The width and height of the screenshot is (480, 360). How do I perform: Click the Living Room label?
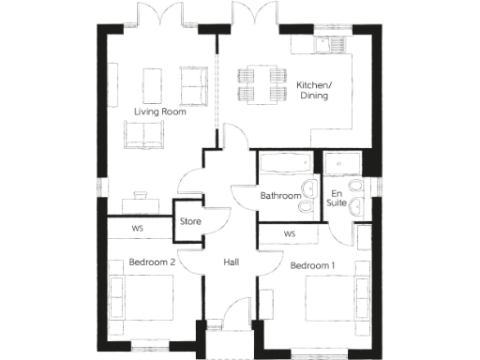pyautogui.click(x=159, y=112)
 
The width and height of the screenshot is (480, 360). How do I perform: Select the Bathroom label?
pyautogui.click(x=279, y=196)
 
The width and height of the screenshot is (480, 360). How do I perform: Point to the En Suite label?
pyautogui.click(x=336, y=198)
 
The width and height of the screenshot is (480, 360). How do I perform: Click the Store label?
pyautogui.click(x=190, y=222)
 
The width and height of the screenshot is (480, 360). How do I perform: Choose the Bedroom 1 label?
pyautogui.click(x=313, y=265)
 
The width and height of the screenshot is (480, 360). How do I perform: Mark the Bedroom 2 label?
pyautogui.click(x=153, y=262)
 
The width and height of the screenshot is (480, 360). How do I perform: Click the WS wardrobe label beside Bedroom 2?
pyautogui.click(x=137, y=228)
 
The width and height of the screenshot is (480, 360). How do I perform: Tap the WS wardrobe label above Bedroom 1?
pyautogui.click(x=290, y=233)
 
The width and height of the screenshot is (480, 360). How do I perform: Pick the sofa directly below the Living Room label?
pyautogui.click(x=142, y=136)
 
